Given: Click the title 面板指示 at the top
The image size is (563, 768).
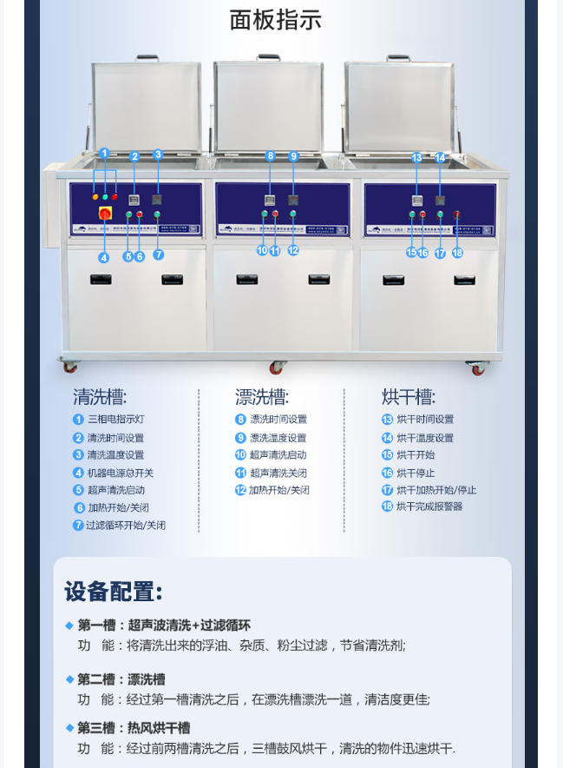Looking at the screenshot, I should [x=275, y=20].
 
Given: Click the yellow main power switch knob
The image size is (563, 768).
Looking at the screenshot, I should [x=104, y=213].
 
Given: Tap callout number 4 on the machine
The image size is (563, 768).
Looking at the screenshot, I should [x=103, y=257].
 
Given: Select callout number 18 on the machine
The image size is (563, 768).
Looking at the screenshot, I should [x=457, y=253].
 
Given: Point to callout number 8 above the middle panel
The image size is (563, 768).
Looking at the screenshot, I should [x=271, y=156].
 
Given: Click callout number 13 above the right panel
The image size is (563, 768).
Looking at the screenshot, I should [x=416, y=157].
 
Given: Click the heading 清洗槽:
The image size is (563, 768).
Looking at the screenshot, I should [x=100, y=398].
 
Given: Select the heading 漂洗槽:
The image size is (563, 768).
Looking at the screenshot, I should [x=262, y=398].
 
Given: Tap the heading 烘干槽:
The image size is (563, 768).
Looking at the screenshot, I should [x=409, y=398].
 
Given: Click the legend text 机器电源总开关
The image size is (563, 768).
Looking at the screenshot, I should [x=120, y=473].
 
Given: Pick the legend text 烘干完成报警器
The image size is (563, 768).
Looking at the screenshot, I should [x=429, y=506].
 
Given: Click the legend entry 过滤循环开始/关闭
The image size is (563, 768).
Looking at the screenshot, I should [x=125, y=526].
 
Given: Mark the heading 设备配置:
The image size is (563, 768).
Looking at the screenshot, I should [x=113, y=593].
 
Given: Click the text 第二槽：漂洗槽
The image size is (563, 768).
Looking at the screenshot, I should [x=121, y=679].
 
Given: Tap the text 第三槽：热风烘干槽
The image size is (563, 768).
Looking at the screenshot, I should [x=133, y=728].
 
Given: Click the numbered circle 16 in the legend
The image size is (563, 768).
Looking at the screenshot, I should [x=387, y=473].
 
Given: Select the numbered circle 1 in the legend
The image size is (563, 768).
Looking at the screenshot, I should [x=78, y=420].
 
